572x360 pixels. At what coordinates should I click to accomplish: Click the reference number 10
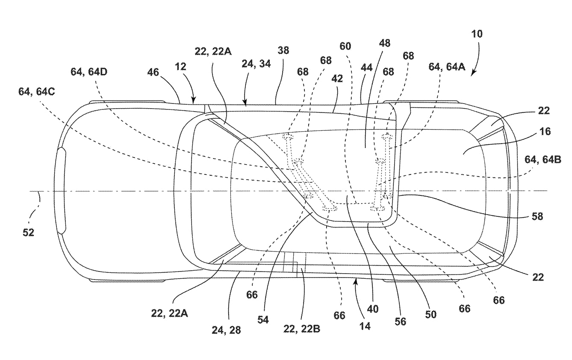pos(477,34)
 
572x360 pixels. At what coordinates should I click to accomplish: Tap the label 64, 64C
pos(36,91)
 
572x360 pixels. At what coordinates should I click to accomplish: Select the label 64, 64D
pos(89,72)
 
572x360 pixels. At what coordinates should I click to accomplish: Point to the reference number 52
pos(28,232)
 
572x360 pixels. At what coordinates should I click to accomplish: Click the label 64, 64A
pos(447,67)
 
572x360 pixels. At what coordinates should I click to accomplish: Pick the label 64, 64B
pos(543,159)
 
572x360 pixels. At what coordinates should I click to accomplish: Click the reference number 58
pos(537,216)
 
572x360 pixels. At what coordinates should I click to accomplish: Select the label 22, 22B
pos(301,329)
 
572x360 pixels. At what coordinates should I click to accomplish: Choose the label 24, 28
pos(226,330)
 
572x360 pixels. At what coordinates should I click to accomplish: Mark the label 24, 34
pos(256,64)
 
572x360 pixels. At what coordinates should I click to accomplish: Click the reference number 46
pos(153,72)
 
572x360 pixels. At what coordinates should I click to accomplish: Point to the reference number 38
pos(283,50)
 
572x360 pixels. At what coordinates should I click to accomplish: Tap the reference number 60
pos(345,46)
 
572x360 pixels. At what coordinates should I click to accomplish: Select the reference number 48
pos(385,43)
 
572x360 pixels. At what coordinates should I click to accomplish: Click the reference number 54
pos(263,320)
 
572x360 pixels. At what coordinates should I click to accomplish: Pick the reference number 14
pos(365,326)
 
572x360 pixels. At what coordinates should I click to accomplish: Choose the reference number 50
pos(431,315)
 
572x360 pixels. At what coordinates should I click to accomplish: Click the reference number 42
pos(337,79)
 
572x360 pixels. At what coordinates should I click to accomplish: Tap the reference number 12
pos(180,67)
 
